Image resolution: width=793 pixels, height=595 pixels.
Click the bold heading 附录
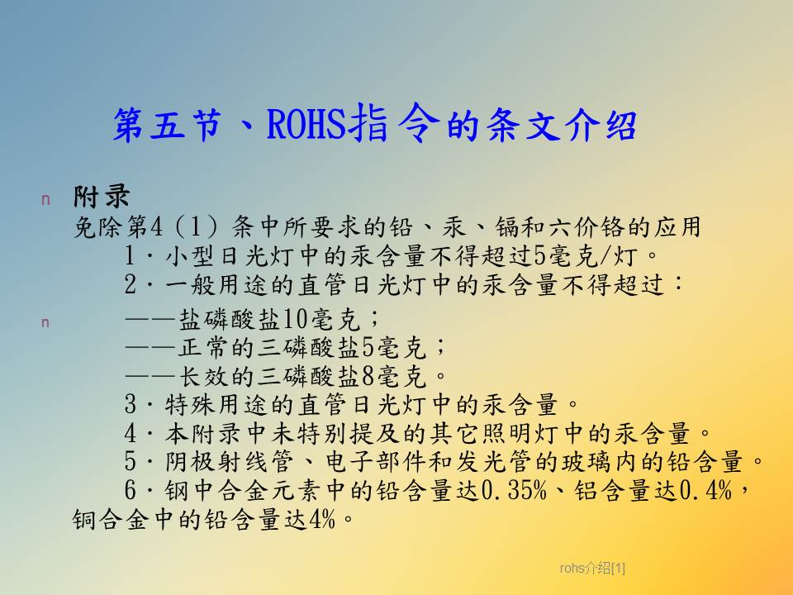[101, 197]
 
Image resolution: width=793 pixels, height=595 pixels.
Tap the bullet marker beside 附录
[45, 200]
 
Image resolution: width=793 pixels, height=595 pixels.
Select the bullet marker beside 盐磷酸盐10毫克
[45, 322]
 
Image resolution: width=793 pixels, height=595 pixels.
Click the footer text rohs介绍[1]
[592, 569]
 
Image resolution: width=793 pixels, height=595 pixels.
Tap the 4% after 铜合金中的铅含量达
[321, 519]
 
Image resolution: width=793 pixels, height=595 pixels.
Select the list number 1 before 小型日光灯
[130, 255]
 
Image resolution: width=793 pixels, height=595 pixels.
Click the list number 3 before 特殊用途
[131, 404]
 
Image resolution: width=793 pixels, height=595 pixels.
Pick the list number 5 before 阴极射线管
[131, 461]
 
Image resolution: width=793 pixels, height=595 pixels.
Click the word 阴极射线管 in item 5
[230, 461]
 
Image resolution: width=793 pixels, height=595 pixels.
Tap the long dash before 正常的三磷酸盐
[150, 348]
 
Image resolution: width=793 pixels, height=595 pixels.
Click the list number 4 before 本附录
[131, 433]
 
